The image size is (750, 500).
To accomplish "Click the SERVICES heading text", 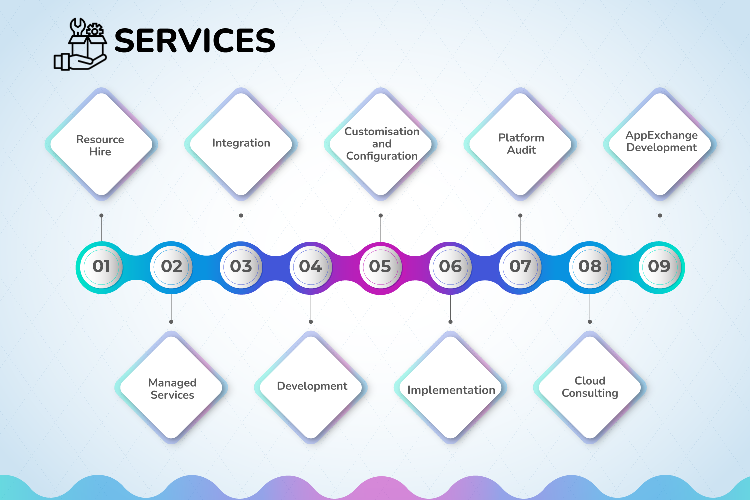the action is (x=195, y=40).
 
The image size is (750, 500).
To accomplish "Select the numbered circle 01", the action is (x=102, y=267).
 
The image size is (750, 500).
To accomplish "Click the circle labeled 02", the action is (x=171, y=267).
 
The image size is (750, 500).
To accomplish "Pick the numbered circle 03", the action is (x=241, y=267).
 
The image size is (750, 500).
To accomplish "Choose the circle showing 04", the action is (x=311, y=267).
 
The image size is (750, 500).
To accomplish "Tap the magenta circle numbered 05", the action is (x=380, y=267).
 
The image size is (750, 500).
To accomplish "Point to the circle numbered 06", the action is (x=450, y=267).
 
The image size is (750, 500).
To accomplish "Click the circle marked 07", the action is (x=520, y=267).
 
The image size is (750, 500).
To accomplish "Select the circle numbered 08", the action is (x=590, y=267).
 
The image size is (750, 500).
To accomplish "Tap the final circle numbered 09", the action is (x=660, y=267).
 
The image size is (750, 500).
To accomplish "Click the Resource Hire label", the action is (x=100, y=145).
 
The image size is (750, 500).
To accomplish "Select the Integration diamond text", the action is (x=241, y=143).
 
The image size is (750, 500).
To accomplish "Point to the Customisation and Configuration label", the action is (x=382, y=144).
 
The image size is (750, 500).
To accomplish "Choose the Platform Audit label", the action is (x=521, y=144).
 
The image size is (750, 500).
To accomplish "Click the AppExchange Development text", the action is (x=662, y=141).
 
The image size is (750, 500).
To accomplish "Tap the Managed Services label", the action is (x=172, y=389).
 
